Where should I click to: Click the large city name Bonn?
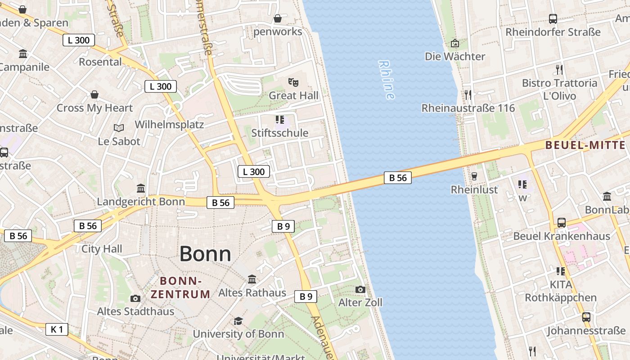pyautogui.click(x=205, y=254)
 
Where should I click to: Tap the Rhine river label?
pyautogui.click(x=387, y=80)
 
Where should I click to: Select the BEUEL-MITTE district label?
pyautogui.click(x=585, y=145)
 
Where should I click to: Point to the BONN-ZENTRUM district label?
pyautogui.click(x=180, y=288)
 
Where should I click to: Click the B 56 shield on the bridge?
pyautogui.click(x=398, y=178)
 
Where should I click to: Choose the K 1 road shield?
pyautogui.click(x=57, y=329)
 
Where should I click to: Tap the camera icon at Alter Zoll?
pyautogui.click(x=360, y=289)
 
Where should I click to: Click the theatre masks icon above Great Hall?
pyautogui.click(x=293, y=82)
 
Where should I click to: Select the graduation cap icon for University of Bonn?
pyautogui.click(x=238, y=321)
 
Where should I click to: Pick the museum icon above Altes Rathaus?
pyautogui.click(x=252, y=279)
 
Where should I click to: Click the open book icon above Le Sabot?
pyautogui.click(x=119, y=128)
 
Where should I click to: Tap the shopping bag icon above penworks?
pyautogui.click(x=278, y=18)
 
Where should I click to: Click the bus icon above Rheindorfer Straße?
pyautogui.click(x=553, y=19)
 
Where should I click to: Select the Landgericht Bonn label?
pyautogui.click(x=141, y=201)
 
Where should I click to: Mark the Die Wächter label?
pyautogui.click(x=455, y=56)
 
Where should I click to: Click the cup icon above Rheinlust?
pyautogui.click(x=474, y=176)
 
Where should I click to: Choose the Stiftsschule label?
pyautogui.click(x=279, y=133)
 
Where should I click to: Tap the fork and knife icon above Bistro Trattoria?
pyautogui.click(x=559, y=69)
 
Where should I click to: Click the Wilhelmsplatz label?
pyautogui.click(x=169, y=125)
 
